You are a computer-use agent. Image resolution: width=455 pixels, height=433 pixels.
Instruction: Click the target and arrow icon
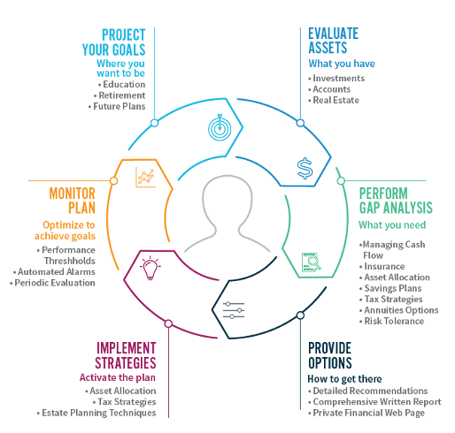tap(220, 127)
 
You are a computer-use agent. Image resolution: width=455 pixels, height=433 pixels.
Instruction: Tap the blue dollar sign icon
tap(305, 169)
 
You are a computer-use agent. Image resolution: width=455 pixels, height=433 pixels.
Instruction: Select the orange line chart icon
tap(145, 177)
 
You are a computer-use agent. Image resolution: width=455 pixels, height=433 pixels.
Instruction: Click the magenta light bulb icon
tap(150, 268)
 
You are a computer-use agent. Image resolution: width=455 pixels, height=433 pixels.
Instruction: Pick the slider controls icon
tap(234, 310)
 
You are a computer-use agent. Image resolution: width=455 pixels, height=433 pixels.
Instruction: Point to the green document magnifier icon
tap(312, 262)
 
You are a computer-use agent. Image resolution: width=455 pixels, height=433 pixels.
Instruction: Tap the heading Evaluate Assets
tap(333, 41)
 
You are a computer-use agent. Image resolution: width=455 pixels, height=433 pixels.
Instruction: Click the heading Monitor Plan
tap(73, 201)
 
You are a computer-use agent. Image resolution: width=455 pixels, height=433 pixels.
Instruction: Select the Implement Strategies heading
tap(126, 355)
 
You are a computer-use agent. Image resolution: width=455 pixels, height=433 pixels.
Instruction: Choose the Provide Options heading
tap(330, 355)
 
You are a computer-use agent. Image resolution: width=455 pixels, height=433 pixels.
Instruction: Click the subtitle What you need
tap(392, 225)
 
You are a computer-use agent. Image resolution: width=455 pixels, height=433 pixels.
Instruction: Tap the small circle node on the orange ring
tap(113, 181)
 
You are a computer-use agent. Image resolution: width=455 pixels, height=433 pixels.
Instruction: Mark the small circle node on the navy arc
tap(300, 315)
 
